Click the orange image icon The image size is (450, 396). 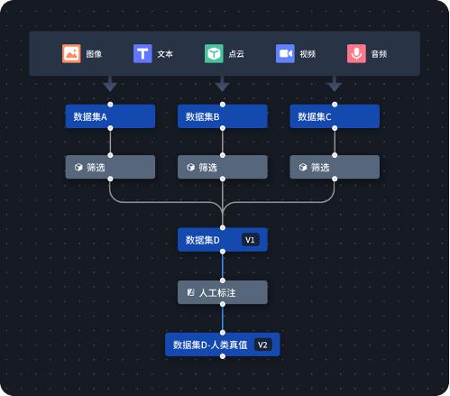pos(71,53)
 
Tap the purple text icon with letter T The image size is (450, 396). pos(142,53)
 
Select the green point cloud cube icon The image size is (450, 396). pos(214,53)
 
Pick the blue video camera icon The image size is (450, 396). pos(285,53)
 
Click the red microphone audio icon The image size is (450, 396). pos(356,53)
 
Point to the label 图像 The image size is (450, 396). pos(94,54)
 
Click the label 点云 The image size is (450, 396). pos(236,54)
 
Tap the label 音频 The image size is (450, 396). pos(379,54)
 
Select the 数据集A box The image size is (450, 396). pos(110,116)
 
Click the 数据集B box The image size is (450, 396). pos(222,116)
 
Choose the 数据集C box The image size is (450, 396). pos(334,116)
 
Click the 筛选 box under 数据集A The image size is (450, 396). pos(110,167)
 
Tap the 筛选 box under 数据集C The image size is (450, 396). pos(334,167)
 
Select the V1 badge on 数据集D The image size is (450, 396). pos(251,240)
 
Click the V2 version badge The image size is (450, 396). pos(263,345)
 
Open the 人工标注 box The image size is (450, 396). pos(222,292)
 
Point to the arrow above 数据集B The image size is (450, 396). pos(222,85)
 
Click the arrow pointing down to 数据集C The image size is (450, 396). pos(334,85)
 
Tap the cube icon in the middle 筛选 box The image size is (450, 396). pos(190,167)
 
